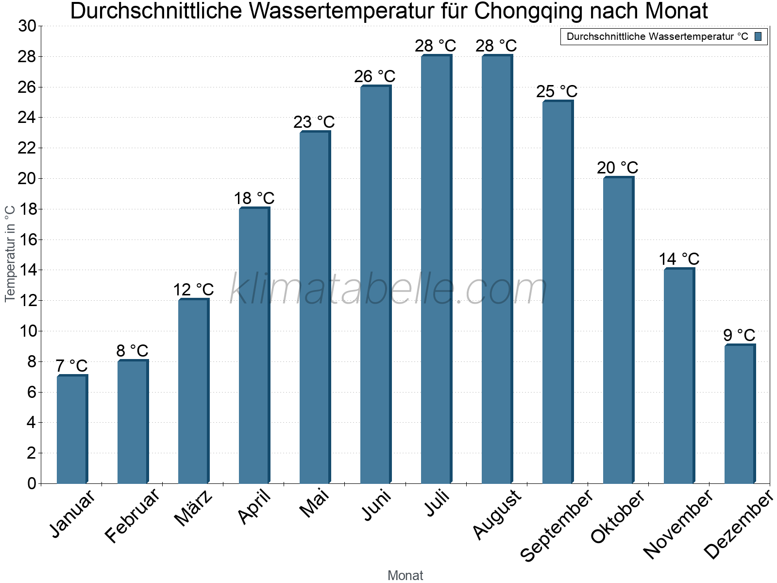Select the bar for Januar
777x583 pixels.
tap(72, 429)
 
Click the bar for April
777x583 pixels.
tap(254, 345)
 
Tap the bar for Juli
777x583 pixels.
tap(436, 269)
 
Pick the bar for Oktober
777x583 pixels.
tap(618, 330)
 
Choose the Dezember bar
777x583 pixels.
tap(740, 414)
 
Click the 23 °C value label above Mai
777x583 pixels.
tap(314, 122)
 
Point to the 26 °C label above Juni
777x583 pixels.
tap(374, 76)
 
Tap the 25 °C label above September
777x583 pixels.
tap(557, 91)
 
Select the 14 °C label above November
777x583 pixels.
tap(678, 259)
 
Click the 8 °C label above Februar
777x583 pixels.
tap(132, 350)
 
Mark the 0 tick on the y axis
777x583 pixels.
tap(32, 483)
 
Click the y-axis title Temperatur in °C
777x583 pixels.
tap(10, 254)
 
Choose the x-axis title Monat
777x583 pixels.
tap(405, 575)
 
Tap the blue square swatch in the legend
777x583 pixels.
tap(758, 36)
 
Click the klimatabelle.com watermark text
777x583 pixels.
tap(388, 290)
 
